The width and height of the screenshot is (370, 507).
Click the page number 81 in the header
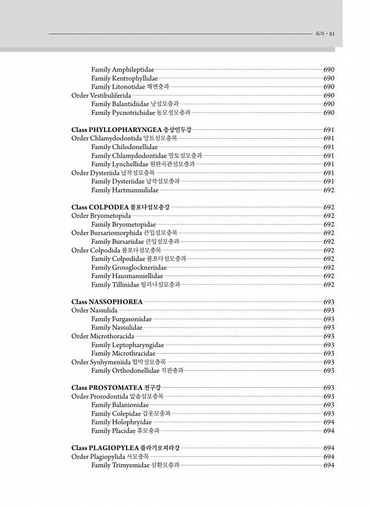pyautogui.click(x=331, y=34)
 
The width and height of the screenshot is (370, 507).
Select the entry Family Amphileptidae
pyautogui.click(x=122, y=70)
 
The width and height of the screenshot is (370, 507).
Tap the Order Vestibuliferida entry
pyautogui.click(x=101, y=95)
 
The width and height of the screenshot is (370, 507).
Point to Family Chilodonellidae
pyautogui.click(x=124, y=147)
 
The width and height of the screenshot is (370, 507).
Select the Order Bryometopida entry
pyautogui.click(x=101, y=216)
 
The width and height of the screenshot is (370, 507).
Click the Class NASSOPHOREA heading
pyautogui.click(x=107, y=302)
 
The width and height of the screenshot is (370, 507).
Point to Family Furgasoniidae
pyautogui.click(x=121, y=319)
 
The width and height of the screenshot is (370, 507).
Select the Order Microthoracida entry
pyautogui.click(x=102, y=336)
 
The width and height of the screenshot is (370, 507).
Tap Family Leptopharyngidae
pyautogui.click(x=127, y=345)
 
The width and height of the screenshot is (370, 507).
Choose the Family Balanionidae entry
pyautogui.click(x=120, y=405)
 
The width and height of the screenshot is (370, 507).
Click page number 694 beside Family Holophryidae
pyautogui.click(x=328, y=422)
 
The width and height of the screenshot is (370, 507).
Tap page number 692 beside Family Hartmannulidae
pyautogui.click(x=328, y=190)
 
